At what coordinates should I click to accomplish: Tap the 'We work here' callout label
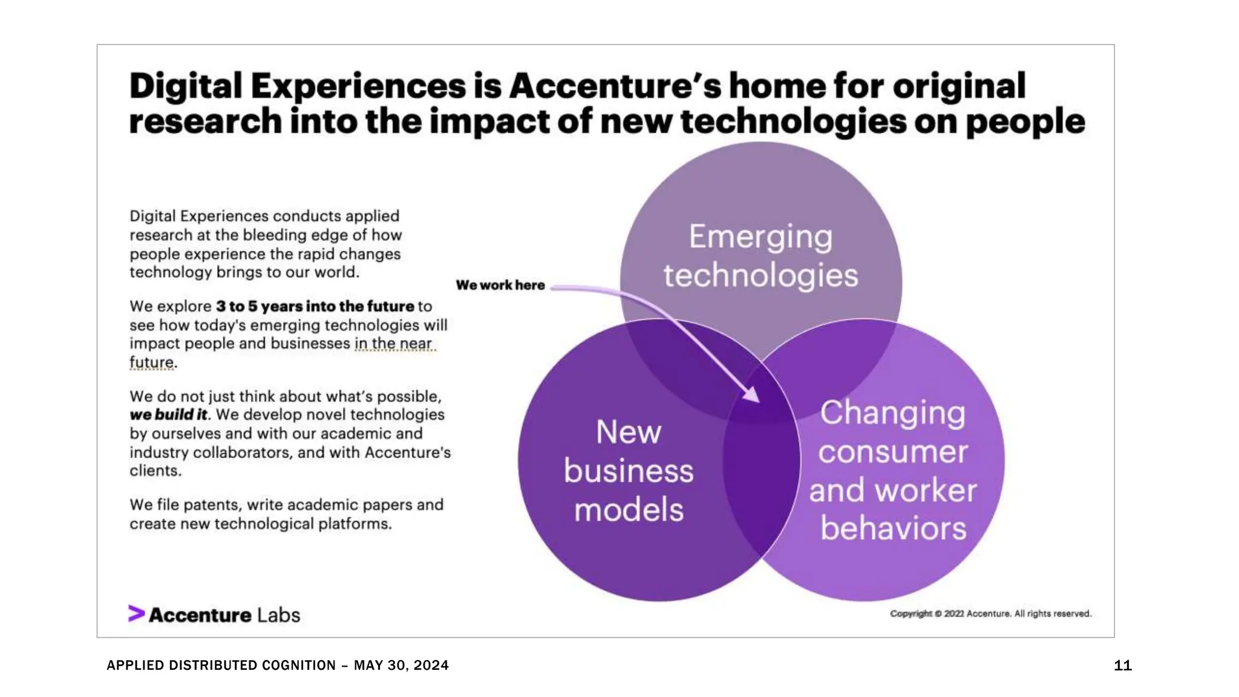500,285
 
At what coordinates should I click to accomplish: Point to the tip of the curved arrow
757,399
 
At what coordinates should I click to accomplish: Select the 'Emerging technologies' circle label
760,256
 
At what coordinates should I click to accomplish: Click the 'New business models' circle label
629,471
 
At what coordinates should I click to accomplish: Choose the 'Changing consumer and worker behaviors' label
892,471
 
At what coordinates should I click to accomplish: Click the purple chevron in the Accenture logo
136,614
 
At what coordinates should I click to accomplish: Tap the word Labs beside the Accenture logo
278,615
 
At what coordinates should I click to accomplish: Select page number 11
1122,666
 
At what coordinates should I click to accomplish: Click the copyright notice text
990,614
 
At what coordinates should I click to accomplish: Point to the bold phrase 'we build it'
168,415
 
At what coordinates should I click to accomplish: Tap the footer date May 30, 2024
401,666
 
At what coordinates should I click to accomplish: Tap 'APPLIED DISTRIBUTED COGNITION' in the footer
221,666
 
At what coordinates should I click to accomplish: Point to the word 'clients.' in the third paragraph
155,471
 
